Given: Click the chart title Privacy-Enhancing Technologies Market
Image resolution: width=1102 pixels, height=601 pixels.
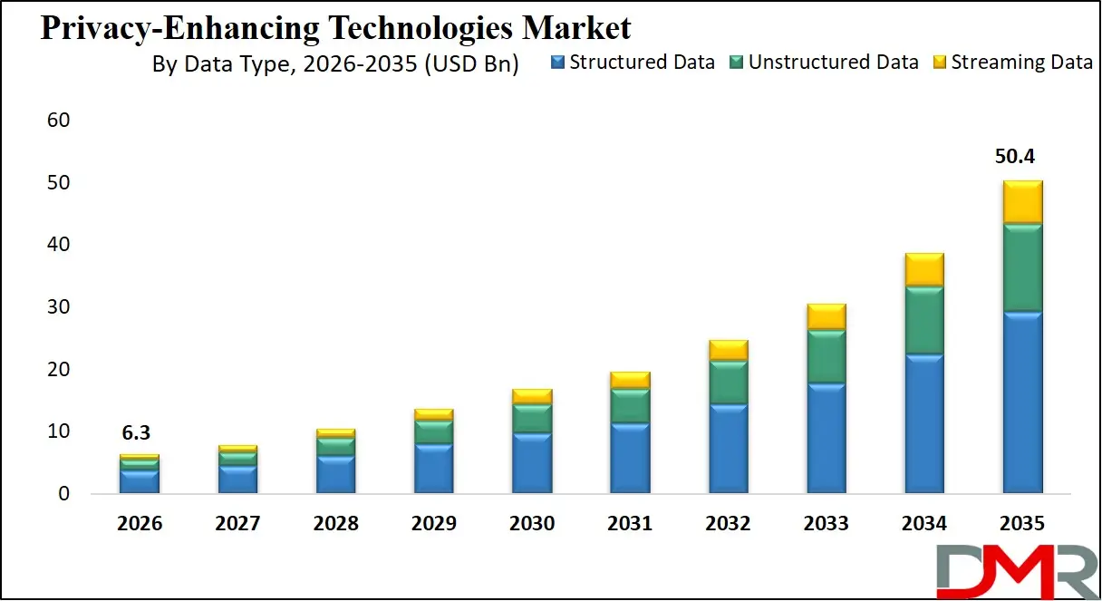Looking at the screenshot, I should (335, 28).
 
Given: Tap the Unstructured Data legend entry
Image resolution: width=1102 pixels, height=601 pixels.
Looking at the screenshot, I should (824, 63).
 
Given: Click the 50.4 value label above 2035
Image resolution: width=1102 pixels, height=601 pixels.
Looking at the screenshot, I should (1022, 157).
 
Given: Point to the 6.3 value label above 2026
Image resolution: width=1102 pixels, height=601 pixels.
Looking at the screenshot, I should (139, 433).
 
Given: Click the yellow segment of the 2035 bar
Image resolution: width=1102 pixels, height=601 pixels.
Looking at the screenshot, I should (1022, 201).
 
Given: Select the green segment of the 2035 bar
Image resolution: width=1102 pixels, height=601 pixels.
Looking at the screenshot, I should (1022, 267).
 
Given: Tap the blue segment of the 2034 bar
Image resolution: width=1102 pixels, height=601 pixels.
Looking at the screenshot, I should (923, 423).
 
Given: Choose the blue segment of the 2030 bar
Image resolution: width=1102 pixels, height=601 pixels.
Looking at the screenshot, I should (532, 463).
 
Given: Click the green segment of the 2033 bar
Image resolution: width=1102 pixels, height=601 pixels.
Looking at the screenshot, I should (826, 356).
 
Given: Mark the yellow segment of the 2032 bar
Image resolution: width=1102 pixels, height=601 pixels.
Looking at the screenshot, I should (728, 350).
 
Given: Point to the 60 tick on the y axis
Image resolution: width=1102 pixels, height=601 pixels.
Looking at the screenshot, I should (58, 121).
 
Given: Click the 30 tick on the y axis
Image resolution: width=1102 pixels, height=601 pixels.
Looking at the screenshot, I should (58, 307).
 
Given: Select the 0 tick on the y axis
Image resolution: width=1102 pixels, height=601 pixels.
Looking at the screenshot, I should (63, 495).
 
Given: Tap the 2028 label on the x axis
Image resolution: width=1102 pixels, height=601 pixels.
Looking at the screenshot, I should (335, 524).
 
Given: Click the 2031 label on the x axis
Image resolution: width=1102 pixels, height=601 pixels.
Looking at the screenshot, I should (630, 524).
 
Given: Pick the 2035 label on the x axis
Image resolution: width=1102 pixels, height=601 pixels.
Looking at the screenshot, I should (1022, 524).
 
